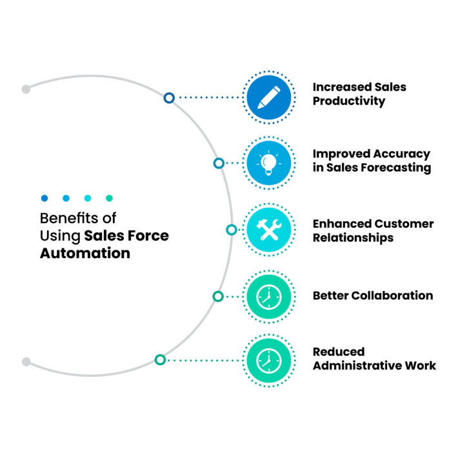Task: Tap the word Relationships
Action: [353, 237]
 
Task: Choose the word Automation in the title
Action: [85, 254]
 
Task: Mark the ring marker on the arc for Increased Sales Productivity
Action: [169, 98]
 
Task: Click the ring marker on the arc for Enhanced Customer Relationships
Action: [231, 230]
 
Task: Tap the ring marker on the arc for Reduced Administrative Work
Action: [160, 359]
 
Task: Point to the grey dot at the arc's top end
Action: [26, 89]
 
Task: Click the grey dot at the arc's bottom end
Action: [26, 362]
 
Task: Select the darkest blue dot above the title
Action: [44, 198]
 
